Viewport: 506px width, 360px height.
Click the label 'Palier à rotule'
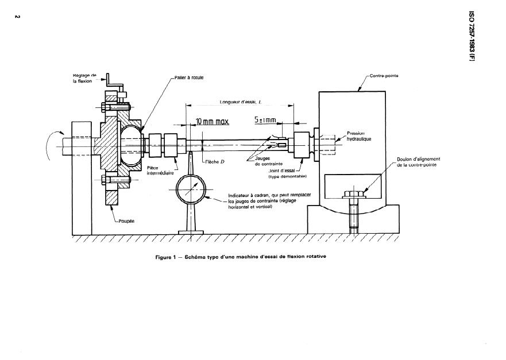[190, 77]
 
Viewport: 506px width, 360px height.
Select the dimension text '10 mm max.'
[213, 122]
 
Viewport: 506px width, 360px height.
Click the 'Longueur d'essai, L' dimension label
[241, 102]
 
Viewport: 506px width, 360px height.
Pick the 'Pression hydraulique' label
[361, 136]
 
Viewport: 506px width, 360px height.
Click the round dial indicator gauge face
[190, 188]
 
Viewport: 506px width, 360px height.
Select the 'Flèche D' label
[214, 162]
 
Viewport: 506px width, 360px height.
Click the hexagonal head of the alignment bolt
[351, 194]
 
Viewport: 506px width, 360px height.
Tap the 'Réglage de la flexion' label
[85, 78]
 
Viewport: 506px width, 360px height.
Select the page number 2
[17, 16]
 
